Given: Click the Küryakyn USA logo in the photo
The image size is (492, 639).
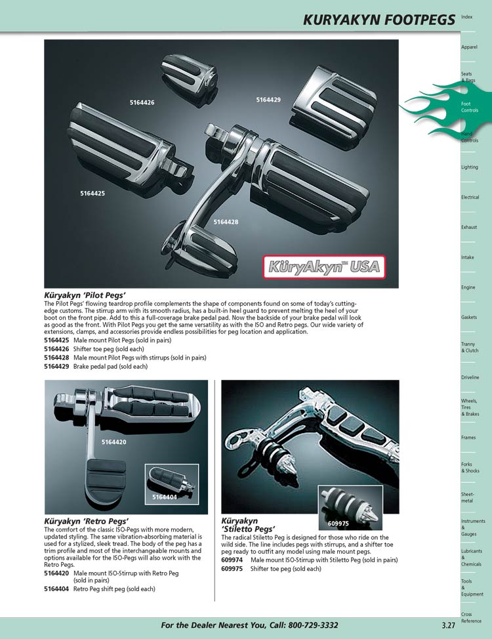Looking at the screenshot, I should pos(325,267).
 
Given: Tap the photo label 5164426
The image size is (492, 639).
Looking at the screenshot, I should pos(142,103).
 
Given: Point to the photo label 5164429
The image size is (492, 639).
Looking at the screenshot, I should pos(268,100).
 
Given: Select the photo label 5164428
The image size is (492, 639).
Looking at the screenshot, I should pos(226,222).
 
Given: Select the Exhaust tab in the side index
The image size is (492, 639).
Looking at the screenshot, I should pos(469,228).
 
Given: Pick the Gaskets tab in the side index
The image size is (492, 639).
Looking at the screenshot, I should pos(470,318).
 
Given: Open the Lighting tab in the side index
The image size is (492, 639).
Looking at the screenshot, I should pos(470,167).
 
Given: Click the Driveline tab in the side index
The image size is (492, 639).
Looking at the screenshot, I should pos(470,378).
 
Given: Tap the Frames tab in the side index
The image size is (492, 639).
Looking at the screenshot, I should pos(468,438).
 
